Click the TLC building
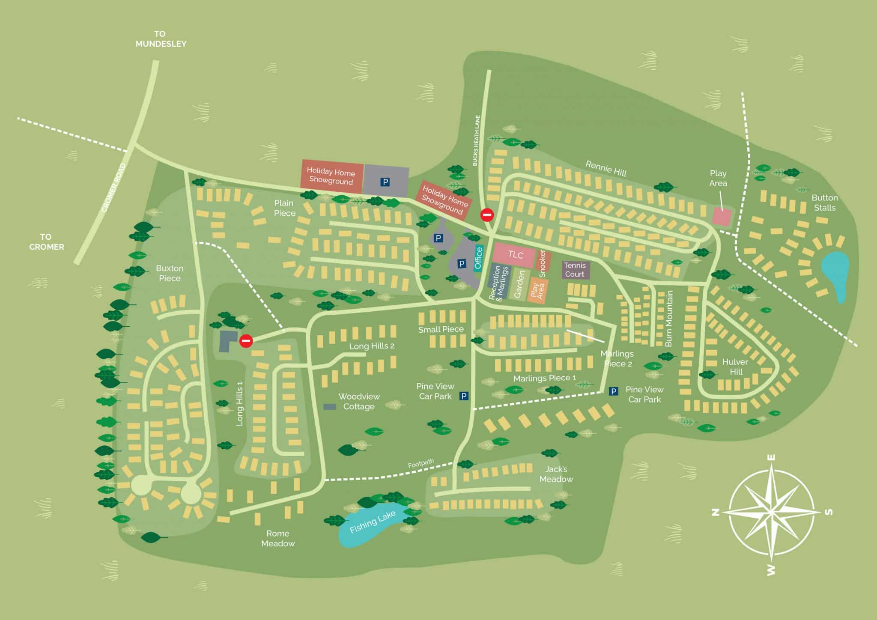(x=514, y=255)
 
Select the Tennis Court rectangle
(x=575, y=270)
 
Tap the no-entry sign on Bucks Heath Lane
(x=487, y=215)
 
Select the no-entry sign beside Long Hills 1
(x=246, y=341)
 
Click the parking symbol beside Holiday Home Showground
(x=385, y=182)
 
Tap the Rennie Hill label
(x=606, y=169)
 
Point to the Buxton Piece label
(x=170, y=273)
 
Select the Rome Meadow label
(x=277, y=538)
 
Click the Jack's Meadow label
(x=556, y=474)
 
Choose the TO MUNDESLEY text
(x=161, y=39)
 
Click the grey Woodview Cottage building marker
(x=329, y=407)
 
